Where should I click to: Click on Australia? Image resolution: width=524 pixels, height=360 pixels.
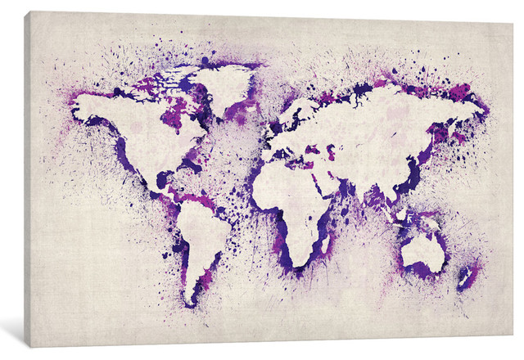(423, 251)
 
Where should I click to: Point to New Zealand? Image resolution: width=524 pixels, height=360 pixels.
(464, 277)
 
